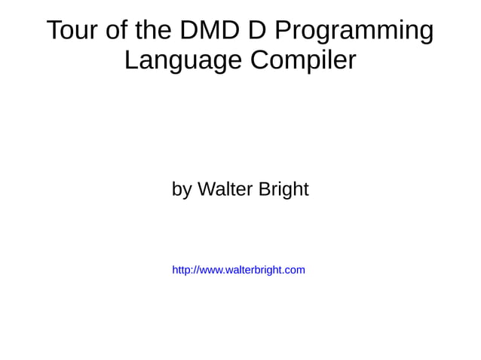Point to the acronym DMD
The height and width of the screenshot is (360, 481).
tap(207, 31)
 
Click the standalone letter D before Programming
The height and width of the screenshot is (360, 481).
tap(256, 31)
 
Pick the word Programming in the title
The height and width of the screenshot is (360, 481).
tap(354, 32)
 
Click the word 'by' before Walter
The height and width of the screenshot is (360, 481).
tap(182, 190)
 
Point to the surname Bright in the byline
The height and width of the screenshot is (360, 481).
tap(283, 190)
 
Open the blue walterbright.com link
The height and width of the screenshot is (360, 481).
tap(238, 270)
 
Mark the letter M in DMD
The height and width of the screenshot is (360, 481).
tap(207, 31)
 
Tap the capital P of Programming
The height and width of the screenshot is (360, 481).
tap(281, 31)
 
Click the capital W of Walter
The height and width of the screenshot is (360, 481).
tap(206, 189)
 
